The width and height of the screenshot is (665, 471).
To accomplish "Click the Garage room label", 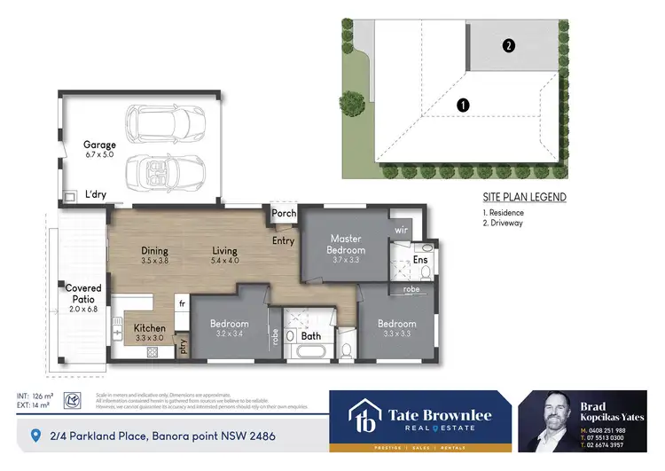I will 100,145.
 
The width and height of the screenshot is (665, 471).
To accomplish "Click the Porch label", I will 284,214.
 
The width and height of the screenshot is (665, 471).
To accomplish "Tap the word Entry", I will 284,240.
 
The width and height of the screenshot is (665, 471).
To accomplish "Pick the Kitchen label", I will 150,328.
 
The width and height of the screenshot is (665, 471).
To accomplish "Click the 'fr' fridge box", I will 181,303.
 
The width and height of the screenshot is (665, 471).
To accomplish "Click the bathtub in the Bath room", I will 311,353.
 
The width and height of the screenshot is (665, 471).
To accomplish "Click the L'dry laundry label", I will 95,195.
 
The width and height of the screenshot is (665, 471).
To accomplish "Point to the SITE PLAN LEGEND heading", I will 524,197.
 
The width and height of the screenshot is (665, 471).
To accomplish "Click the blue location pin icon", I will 35,436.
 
